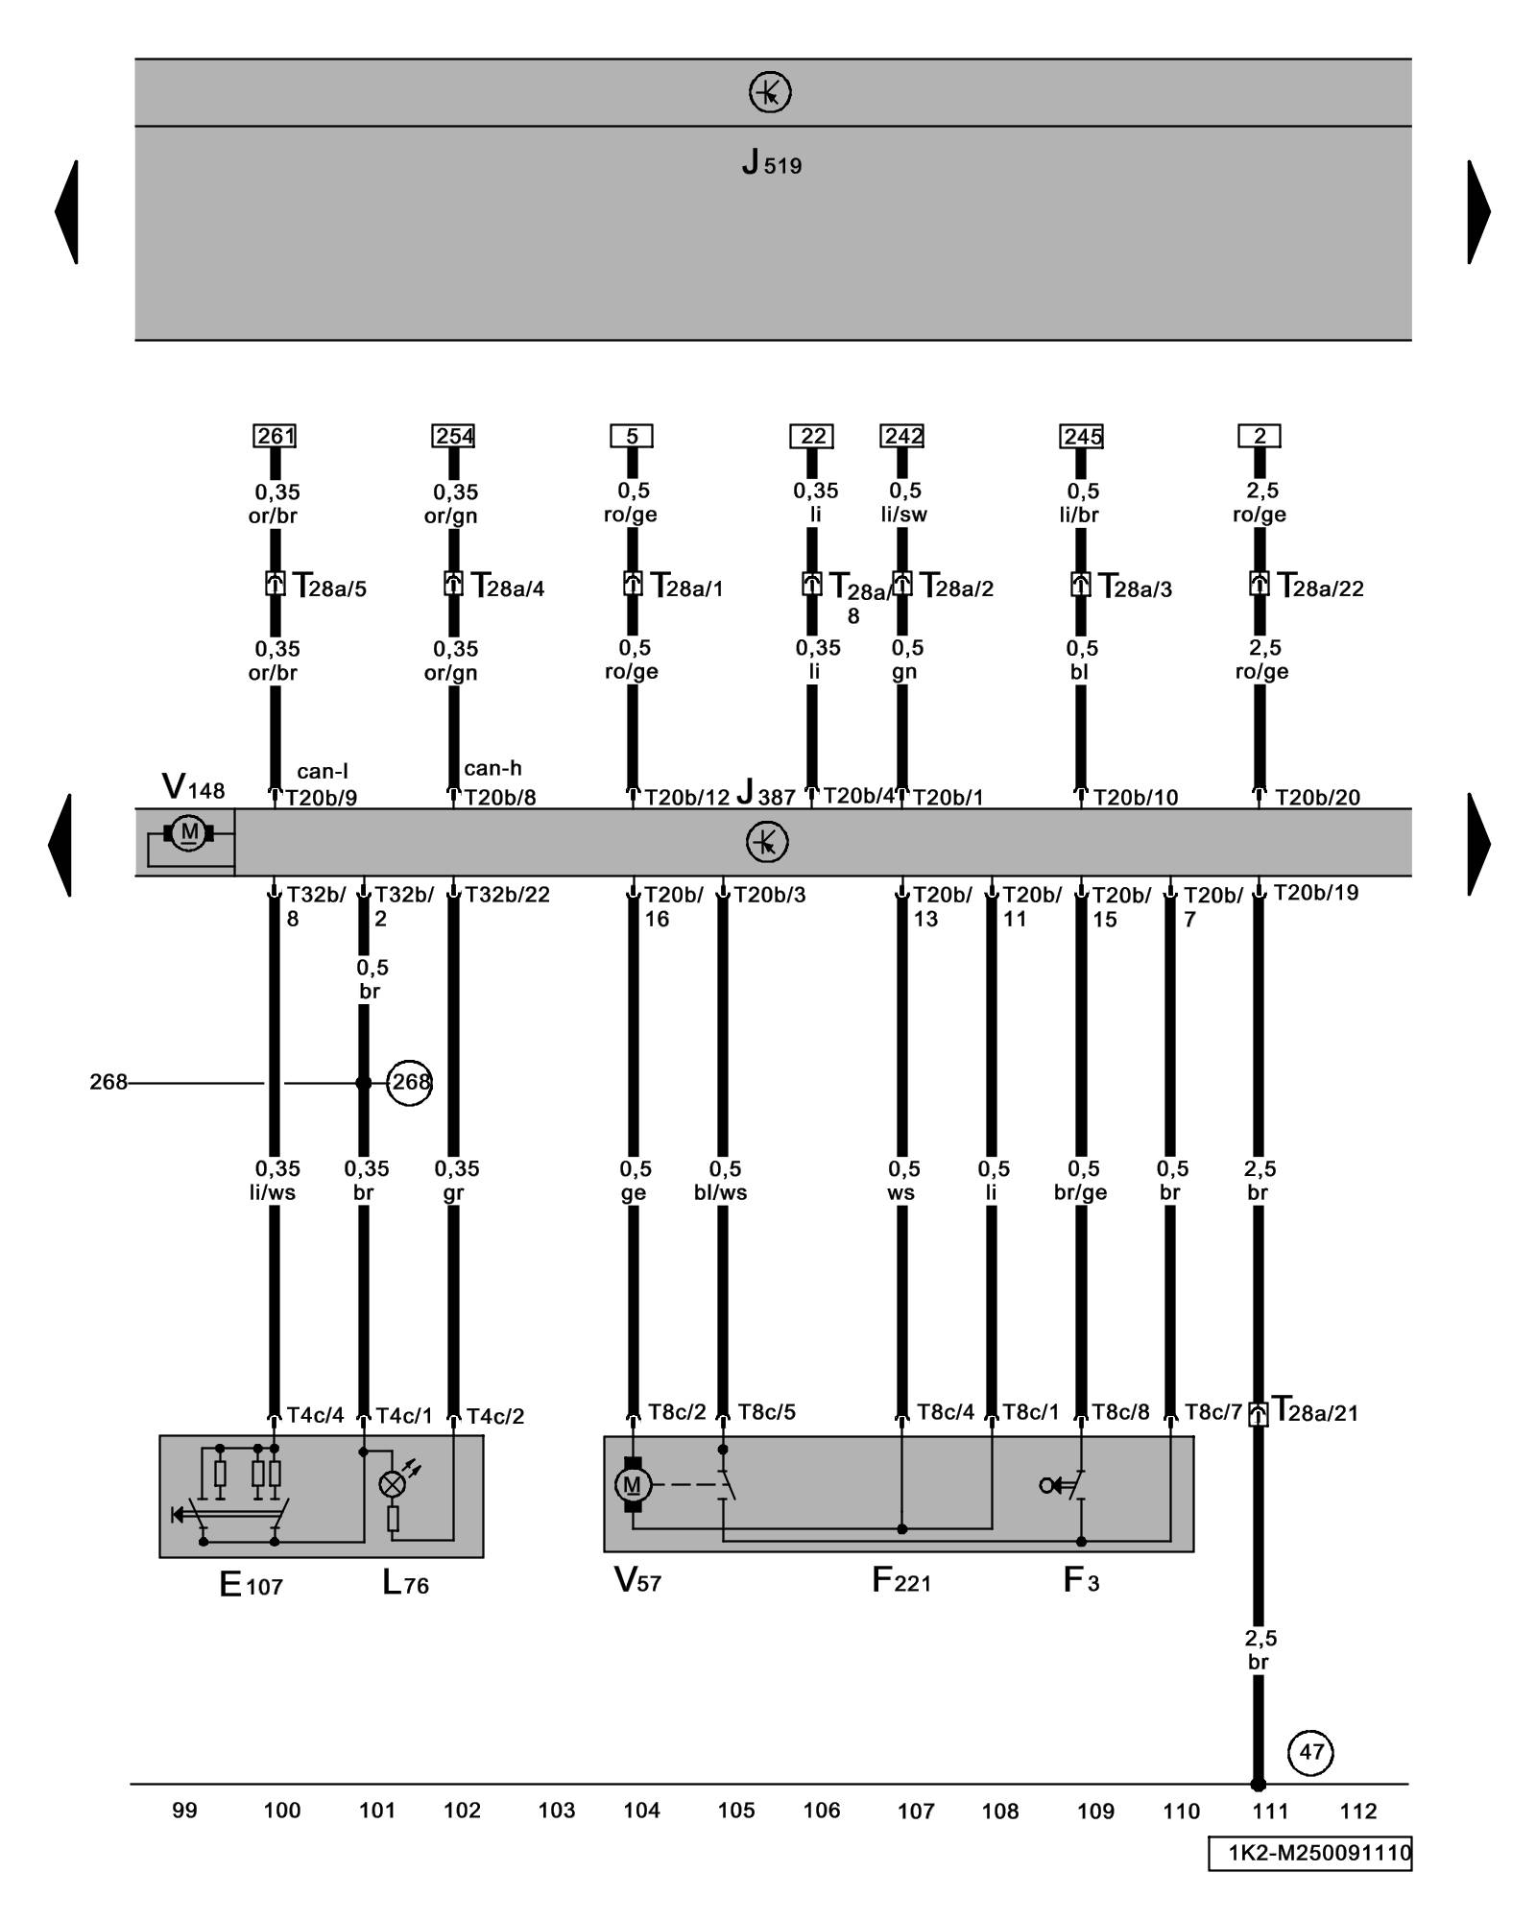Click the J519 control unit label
pos(771,162)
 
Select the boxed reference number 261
pos(275,436)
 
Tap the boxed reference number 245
pos(1082,436)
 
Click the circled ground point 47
pos(1311,1752)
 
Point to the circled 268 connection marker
pos(410,1083)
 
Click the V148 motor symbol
pos(189,833)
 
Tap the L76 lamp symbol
pos(393,1484)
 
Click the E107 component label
pos(251,1584)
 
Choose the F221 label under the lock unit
pos(900,1580)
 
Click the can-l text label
pos(323,771)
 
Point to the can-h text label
pos(492,768)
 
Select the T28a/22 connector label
pos(1321,587)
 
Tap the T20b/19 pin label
pos(1316,893)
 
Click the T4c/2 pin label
pos(495,1416)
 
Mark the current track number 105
pos(736,1811)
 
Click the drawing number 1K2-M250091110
pos(1310,1853)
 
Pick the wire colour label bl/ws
pos(721,1192)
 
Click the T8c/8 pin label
pos(1120,1412)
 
